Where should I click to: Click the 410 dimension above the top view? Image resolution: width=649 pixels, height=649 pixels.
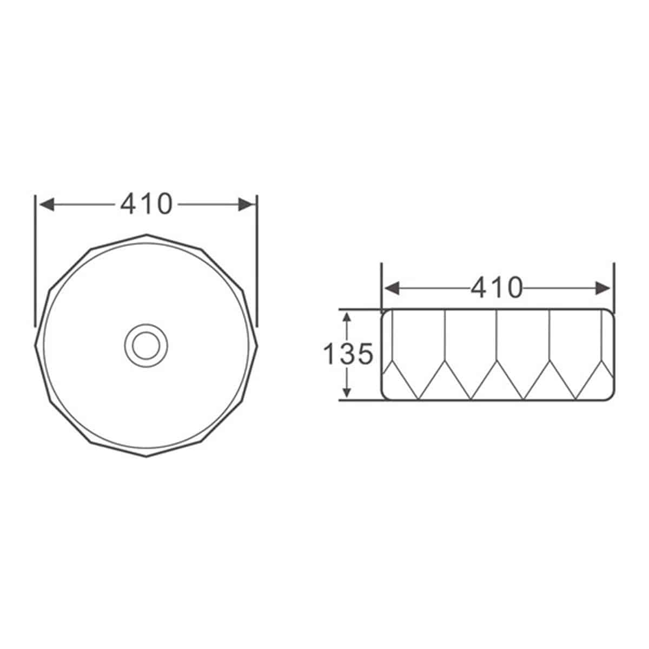(146, 204)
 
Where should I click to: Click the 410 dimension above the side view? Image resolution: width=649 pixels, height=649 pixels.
(496, 288)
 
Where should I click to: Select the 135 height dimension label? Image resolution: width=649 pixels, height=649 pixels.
(348, 354)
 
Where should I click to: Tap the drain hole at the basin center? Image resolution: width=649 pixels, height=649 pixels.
(146, 346)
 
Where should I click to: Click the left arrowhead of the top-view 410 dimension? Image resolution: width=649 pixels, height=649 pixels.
(47, 204)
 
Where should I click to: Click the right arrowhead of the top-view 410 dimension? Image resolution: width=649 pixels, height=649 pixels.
(246, 204)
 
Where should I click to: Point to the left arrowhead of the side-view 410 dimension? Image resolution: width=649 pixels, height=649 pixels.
(392, 288)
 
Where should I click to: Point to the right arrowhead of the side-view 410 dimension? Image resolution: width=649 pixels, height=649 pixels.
(602, 288)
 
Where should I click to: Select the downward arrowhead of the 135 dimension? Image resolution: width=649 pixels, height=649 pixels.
(347, 392)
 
